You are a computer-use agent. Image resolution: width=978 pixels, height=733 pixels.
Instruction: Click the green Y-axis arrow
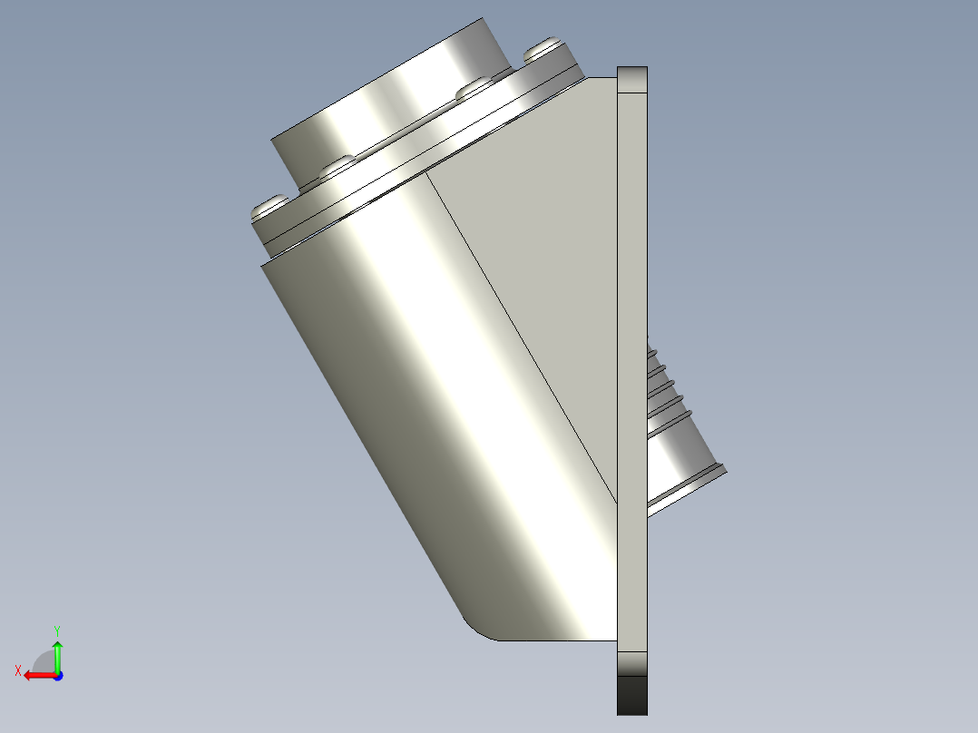(57, 653)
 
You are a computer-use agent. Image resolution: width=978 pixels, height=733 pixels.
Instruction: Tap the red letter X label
(18, 670)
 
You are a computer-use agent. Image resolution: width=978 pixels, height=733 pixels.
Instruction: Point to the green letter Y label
(57, 629)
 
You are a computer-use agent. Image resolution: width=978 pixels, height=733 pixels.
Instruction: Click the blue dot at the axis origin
(57, 675)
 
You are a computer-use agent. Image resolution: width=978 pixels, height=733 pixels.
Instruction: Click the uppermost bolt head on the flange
(544, 46)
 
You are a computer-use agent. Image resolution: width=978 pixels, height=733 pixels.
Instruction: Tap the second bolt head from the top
(474, 89)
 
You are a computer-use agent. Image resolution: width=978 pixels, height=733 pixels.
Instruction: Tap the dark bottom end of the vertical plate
(632, 693)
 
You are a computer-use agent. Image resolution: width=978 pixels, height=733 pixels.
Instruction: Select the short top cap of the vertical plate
(632, 80)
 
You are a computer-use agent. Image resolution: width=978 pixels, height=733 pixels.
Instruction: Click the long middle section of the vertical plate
(632, 363)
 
